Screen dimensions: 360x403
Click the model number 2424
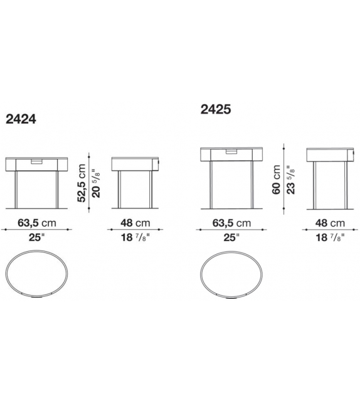21,119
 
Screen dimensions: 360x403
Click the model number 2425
216,109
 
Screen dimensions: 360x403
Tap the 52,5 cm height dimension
82,183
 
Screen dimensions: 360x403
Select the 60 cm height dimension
277,180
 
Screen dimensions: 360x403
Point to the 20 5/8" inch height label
96,183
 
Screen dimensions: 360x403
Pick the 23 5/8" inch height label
290,180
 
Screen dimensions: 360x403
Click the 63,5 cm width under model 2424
37,223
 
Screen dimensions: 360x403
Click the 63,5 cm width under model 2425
231,223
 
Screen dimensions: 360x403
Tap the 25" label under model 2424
36,237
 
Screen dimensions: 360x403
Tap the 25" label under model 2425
231,237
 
